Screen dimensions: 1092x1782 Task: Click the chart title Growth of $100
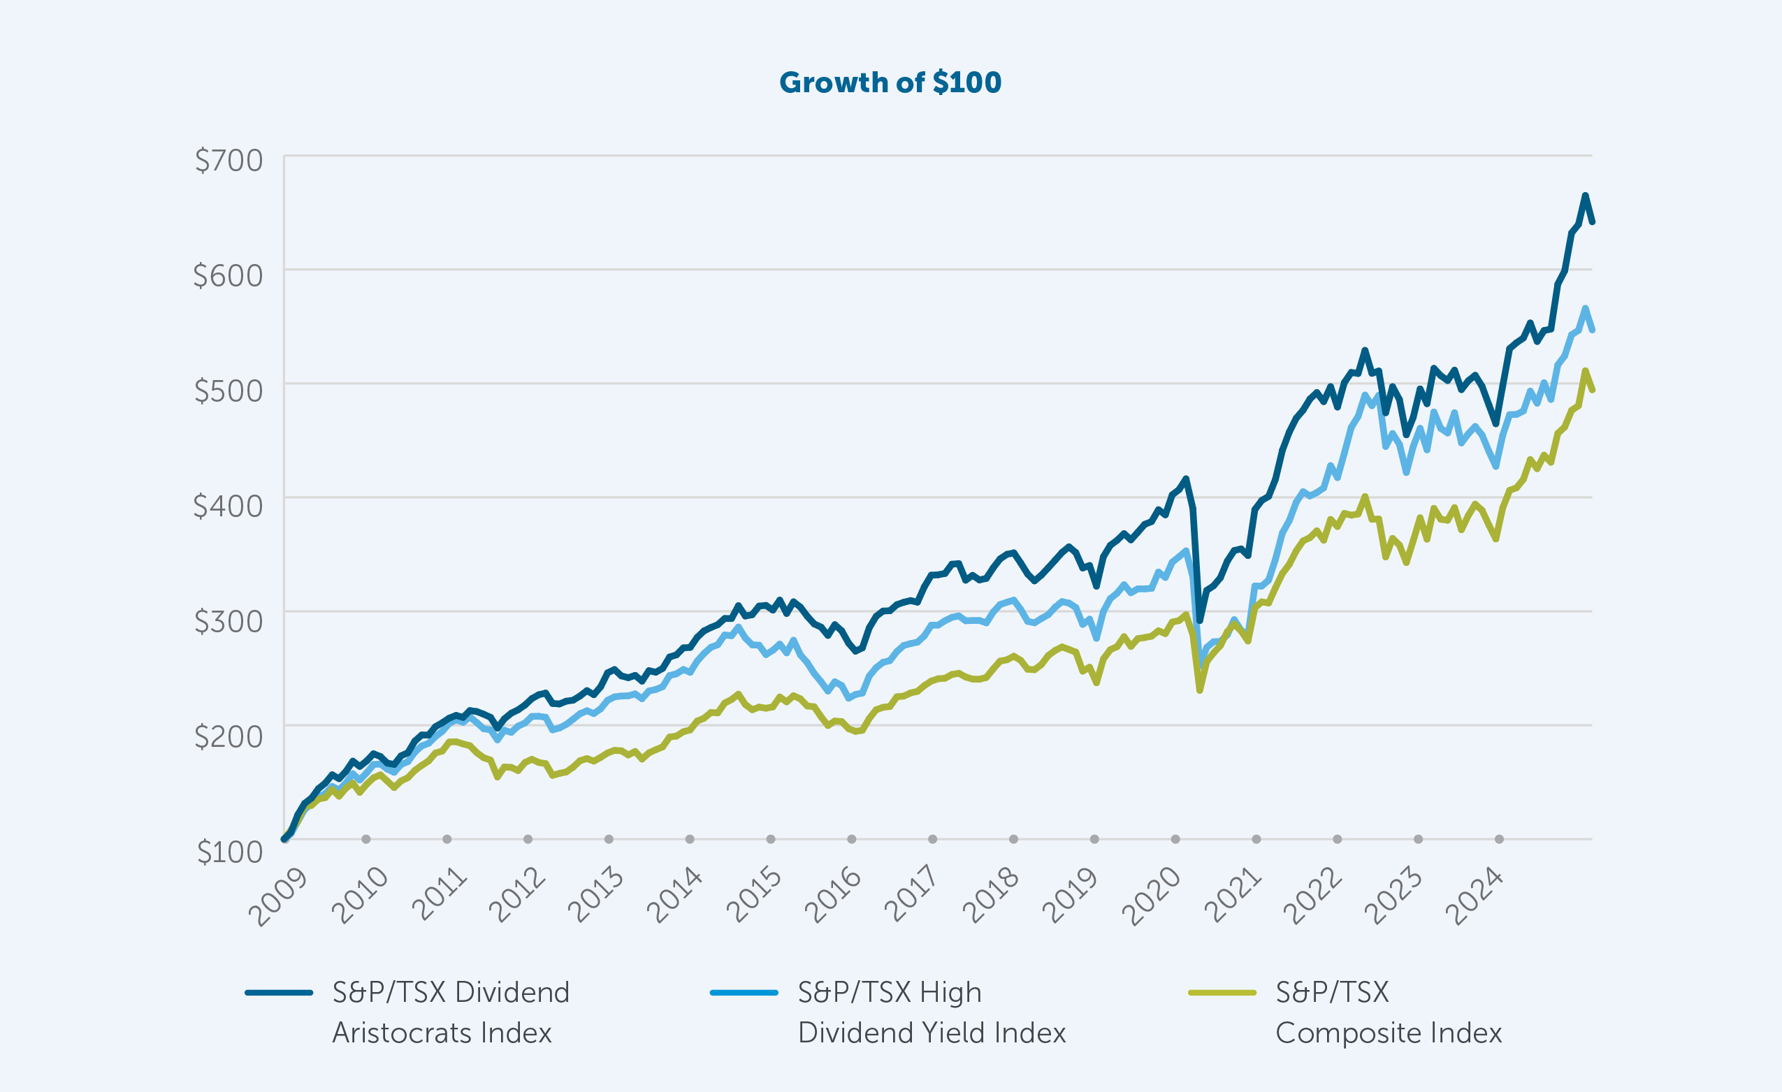click(x=890, y=82)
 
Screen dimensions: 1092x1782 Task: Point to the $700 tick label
click(x=229, y=161)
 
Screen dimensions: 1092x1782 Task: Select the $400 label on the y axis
click(x=229, y=507)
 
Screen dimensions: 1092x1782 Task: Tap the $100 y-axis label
click(x=230, y=852)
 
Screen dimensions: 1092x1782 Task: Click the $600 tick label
click(x=229, y=275)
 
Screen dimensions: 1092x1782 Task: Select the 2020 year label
click(x=1152, y=897)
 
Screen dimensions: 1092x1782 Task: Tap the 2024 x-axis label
click(x=1475, y=897)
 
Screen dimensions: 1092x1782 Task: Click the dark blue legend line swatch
click(x=278, y=993)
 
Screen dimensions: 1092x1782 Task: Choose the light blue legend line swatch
click(x=744, y=993)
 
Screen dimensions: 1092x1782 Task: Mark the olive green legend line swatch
click(x=1222, y=993)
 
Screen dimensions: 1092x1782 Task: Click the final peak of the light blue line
click(x=1584, y=308)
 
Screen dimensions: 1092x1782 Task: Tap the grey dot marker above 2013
click(x=609, y=839)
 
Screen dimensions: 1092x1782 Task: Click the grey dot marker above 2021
click(x=1256, y=839)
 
